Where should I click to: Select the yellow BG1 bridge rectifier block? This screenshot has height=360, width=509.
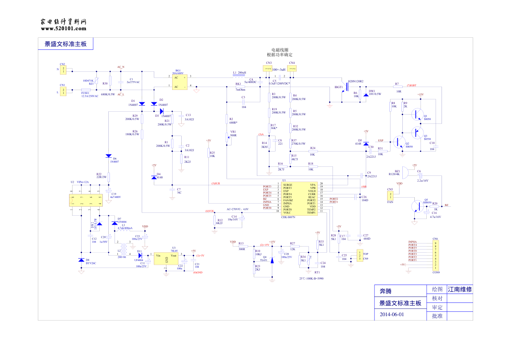coord(179,82)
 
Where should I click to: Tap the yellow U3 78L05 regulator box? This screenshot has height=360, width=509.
coord(166,258)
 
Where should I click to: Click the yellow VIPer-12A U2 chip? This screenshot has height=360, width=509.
coord(86,200)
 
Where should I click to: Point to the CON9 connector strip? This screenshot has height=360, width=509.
coord(435,256)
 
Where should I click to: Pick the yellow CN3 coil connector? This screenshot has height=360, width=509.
coord(268,69)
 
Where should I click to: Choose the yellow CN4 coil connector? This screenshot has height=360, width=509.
coord(292,69)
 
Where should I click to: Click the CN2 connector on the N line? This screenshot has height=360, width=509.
coord(63,70)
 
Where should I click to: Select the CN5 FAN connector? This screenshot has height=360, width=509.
coord(390,195)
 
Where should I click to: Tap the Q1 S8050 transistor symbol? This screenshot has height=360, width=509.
coord(418,114)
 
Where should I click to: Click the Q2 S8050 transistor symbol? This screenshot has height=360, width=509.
coord(399,142)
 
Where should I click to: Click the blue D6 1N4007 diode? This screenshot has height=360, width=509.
coord(108,156)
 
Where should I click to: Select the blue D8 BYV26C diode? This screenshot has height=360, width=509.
coord(81,260)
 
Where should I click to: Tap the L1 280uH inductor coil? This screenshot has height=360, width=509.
coord(239,76)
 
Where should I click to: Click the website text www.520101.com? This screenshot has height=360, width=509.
coord(63,29)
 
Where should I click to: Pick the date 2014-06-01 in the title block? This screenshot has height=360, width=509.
coord(392,314)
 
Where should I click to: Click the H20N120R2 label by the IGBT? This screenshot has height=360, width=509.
coord(356,82)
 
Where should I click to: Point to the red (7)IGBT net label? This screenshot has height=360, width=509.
coord(411,86)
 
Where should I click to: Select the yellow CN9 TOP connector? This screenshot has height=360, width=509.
coord(360,256)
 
